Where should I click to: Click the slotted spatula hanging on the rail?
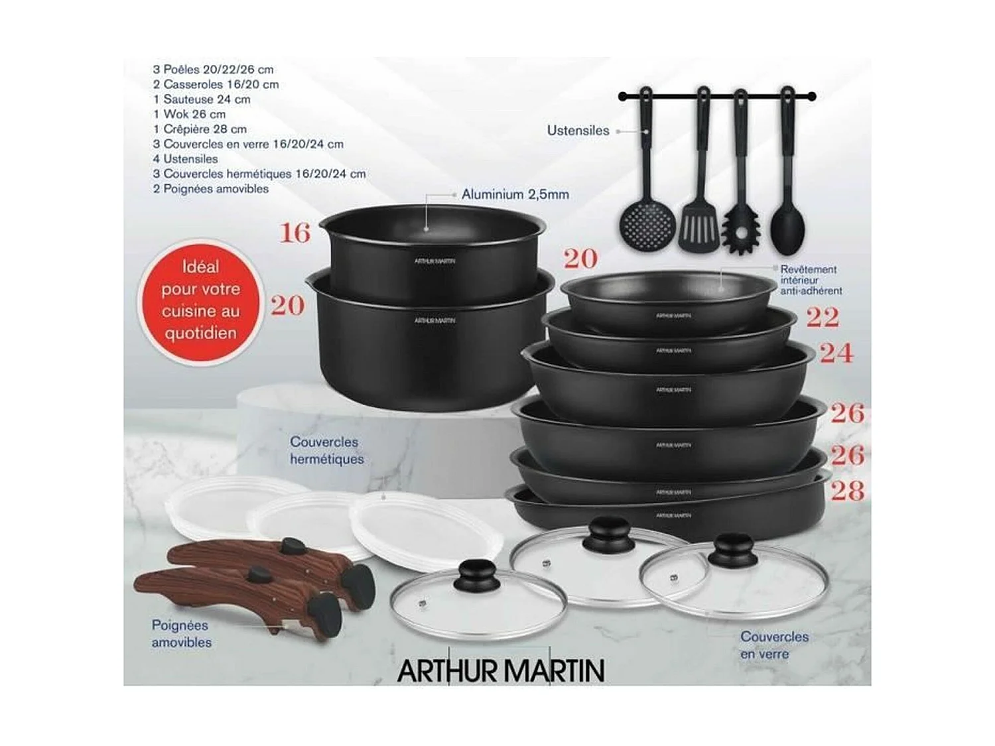tap(698, 222)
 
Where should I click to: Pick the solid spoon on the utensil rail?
tap(787, 225)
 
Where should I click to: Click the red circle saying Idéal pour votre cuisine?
tap(201, 300)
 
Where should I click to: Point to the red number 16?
tap(295, 233)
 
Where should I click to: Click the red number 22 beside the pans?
tap(823, 318)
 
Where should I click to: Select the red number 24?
tap(836, 353)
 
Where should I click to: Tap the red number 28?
tap(847, 491)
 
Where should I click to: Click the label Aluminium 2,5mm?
tap(515, 195)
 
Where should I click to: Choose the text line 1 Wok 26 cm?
tap(189, 114)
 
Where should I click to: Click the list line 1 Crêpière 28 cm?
tap(200, 129)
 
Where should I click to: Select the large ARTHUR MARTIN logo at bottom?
tap(501, 670)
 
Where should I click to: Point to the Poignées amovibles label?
tap(181, 633)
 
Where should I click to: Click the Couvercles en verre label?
tap(774, 645)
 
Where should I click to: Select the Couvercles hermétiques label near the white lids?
tap(326, 450)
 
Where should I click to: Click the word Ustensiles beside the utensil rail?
tap(578, 131)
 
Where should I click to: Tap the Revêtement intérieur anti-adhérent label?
tap(811, 280)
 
